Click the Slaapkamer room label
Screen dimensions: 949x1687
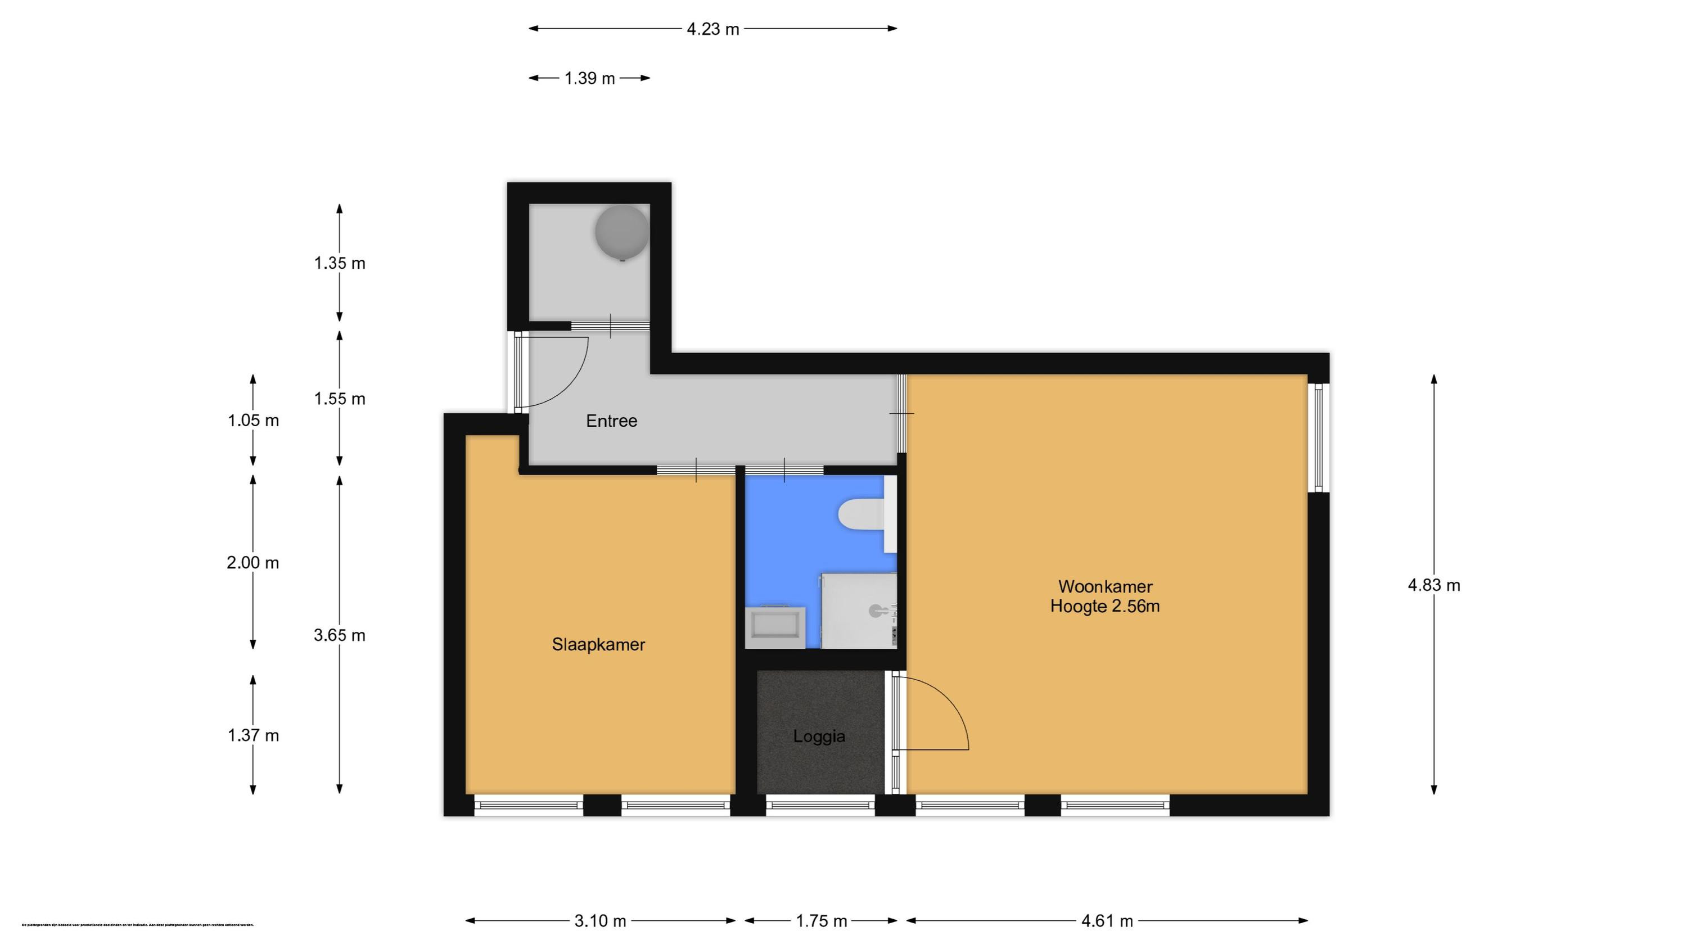point(598,644)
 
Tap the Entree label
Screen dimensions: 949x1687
point(611,421)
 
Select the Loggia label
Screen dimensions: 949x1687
point(819,736)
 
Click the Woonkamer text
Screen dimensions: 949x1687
point(1105,586)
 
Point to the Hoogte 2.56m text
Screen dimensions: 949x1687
point(1105,607)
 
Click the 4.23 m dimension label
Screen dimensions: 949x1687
point(712,29)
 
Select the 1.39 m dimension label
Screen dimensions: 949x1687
point(589,78)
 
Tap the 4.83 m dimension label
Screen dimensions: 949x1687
point(1433,585)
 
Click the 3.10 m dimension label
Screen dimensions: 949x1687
point(600,921)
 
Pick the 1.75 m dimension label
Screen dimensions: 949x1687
point(821,921)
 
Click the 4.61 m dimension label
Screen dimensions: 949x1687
point(1107,921)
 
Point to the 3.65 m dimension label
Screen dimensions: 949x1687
point(339,635)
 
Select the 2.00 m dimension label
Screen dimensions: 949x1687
point(253,562)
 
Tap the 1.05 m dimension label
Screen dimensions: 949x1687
point(253,420)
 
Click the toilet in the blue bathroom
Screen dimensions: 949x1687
point(859,514)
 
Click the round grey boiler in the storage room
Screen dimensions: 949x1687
point(621,232)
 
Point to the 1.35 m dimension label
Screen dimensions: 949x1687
point(339,263)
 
